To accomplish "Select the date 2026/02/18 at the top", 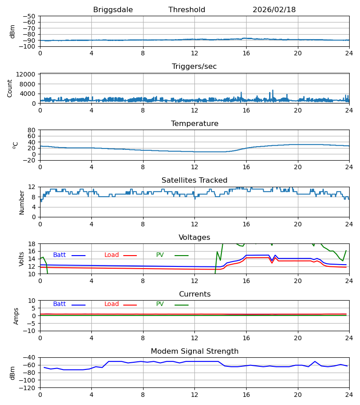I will (x=274, y=10).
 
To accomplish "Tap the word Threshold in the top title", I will (x=187, y=10).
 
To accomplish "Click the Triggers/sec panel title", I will (x=194, y=67).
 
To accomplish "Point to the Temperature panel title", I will (x=194, y=124).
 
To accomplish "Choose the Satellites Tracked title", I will (x=194, y=180).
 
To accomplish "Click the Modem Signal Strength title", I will (x=194, y=351).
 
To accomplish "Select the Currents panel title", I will (x=194, y=294).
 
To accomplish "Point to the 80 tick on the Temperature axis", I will (x=31, y=130).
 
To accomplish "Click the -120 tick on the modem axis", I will (x=28, y=387).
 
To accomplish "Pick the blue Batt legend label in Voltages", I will (x=59, y=255).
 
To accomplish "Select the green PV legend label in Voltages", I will (x=160, y=255).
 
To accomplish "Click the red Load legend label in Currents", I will (x=112, y=304).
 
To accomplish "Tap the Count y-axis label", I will (x=10, y=88).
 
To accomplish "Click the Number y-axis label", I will (x=22, y=202).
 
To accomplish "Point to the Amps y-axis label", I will (x=16, y=316).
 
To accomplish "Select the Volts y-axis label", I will (x=22, y=259).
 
